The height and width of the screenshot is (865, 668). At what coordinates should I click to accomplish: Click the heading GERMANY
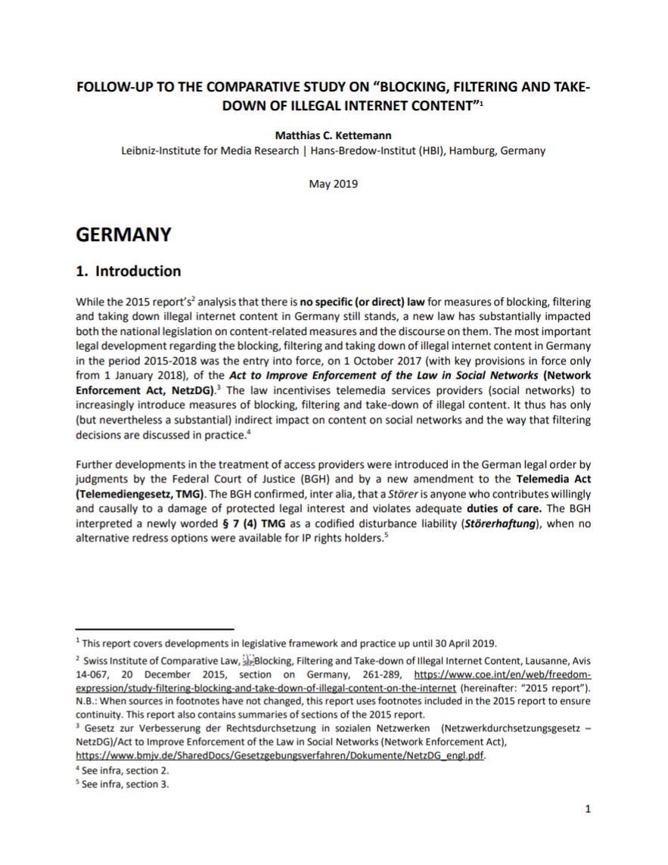[x=124, y=234]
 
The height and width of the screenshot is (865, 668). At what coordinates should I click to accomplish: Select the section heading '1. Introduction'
[x=129, y=271]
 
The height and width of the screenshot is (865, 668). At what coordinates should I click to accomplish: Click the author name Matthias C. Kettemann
[x=333, y=135]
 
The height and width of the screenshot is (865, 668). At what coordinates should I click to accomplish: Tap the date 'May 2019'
[x=334, y=184]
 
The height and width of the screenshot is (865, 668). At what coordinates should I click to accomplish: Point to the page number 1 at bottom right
[x=588, y=810]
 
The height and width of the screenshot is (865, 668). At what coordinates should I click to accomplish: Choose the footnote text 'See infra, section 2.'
[x=126, y=770]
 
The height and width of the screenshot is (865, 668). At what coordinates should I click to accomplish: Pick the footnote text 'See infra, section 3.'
[x=126, y=784]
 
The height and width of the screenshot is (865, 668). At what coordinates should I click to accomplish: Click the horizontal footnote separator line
[x=155, y=628]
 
